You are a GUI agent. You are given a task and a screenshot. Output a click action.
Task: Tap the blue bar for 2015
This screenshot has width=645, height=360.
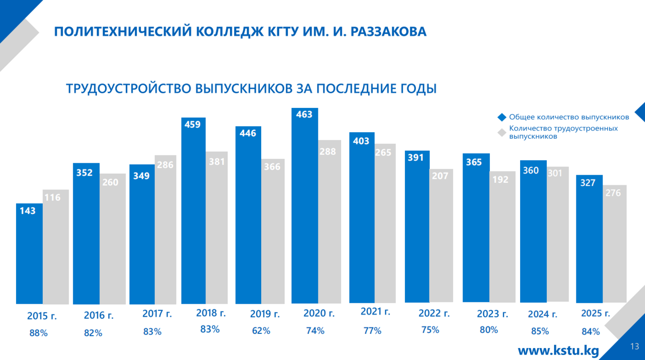tap(29, 254)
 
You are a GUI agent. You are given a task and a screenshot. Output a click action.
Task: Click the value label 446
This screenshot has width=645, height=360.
tap(248, 133)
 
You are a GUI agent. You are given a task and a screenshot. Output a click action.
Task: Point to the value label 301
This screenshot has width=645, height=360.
tap(557, 173)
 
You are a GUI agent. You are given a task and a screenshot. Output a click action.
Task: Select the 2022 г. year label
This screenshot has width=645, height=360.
tap(434, 313)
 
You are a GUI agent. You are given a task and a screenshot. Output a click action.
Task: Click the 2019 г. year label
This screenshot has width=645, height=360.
tap(265, 314)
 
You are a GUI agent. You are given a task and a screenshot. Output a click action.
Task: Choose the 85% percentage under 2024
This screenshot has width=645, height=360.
tap(540, 331)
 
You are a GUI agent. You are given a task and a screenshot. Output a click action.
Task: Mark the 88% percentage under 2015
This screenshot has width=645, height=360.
tap(38, 333)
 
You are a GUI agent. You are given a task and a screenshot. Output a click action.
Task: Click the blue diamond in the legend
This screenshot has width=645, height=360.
tap(502, 117)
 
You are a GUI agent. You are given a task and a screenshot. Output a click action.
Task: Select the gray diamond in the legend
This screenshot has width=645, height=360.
tap(502, 133)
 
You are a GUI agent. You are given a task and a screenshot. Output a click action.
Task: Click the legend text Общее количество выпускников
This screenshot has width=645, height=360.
tap(569, 117)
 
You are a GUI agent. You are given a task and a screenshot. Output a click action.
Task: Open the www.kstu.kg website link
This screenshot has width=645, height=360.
tap(558, 350)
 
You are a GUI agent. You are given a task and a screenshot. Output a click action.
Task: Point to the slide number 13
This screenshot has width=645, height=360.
tap(634, 346)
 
